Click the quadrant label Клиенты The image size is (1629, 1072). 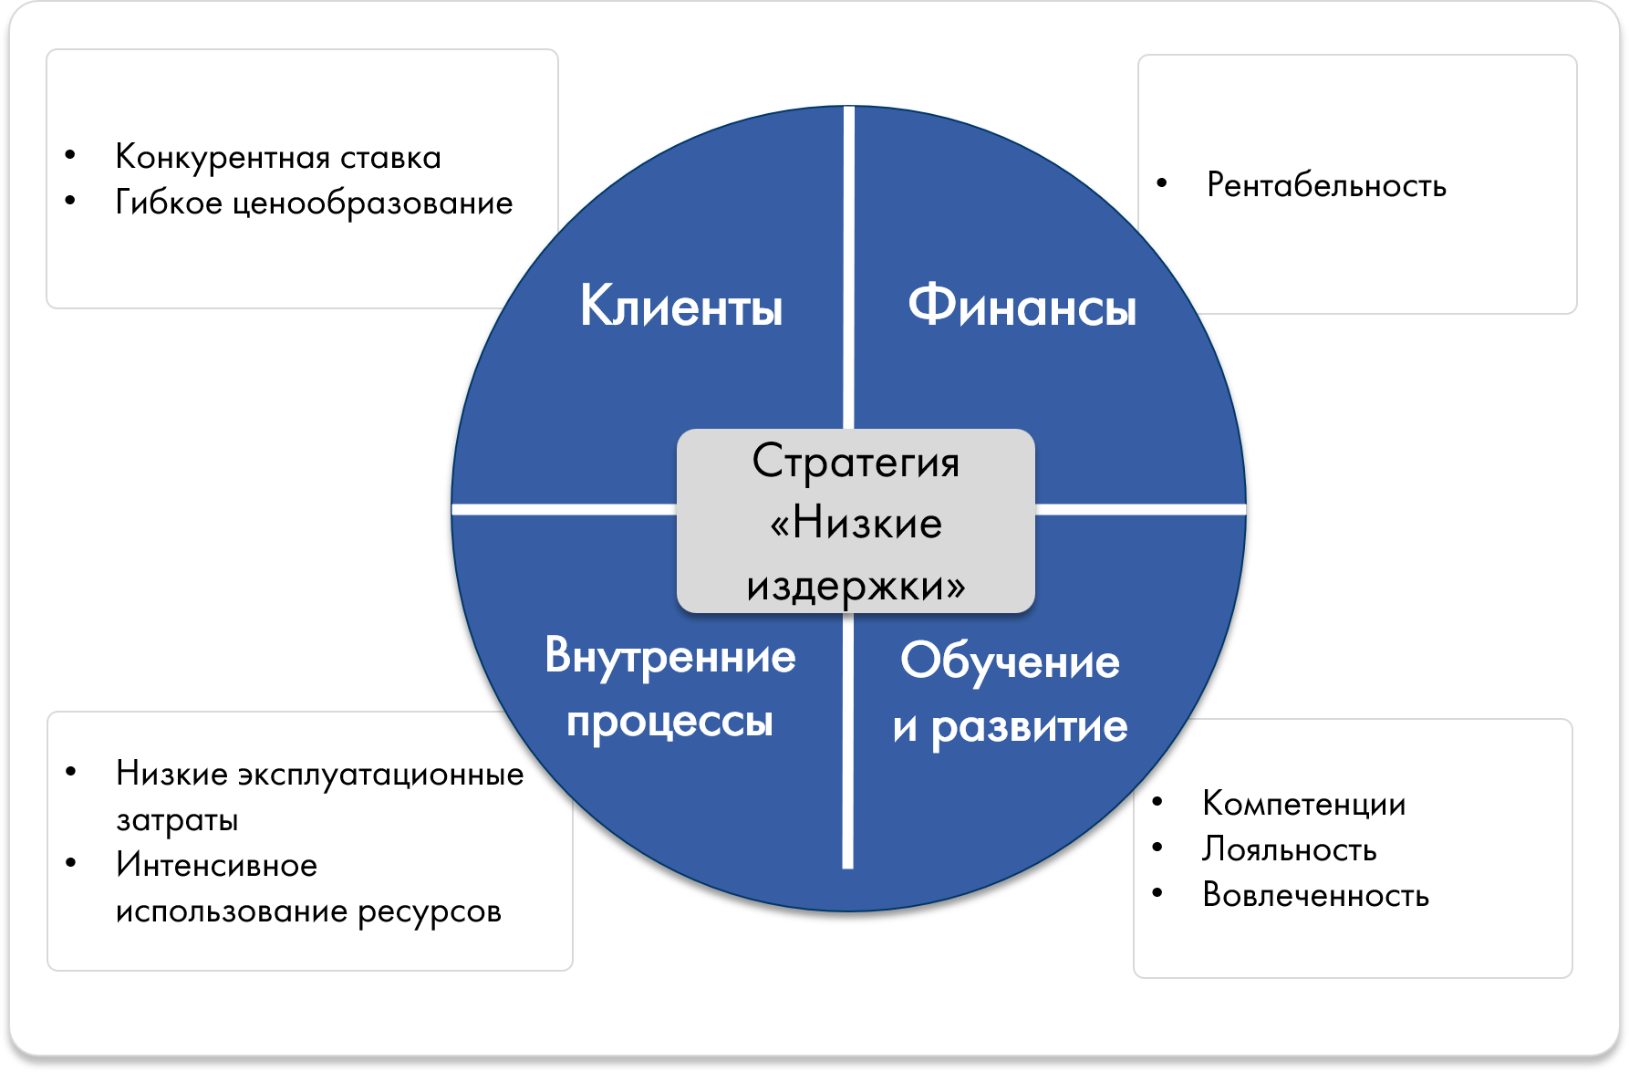point(681,307)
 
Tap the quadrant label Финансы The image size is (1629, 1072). point(1022,307)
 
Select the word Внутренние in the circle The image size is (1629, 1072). point(669,657)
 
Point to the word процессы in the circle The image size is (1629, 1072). point(669,722)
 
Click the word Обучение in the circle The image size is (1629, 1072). point(1010,661)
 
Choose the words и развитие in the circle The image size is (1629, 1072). point(1010,727)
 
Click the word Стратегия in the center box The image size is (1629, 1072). point(856,462)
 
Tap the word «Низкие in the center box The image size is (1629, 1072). point(856,524)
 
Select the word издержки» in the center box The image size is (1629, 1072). point(856,585)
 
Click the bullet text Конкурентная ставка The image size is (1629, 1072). point(278,158)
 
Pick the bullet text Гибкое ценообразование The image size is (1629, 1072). point(314,203)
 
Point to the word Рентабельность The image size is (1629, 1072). point(1326,185)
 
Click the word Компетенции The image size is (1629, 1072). point(1303,804)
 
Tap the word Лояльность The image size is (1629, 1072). point(1289,849)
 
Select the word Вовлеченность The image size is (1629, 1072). point(1315,895)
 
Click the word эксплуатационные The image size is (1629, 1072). point(381,775)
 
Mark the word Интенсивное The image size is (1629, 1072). point(216,865)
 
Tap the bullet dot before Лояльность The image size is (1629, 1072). point(1157,848)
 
